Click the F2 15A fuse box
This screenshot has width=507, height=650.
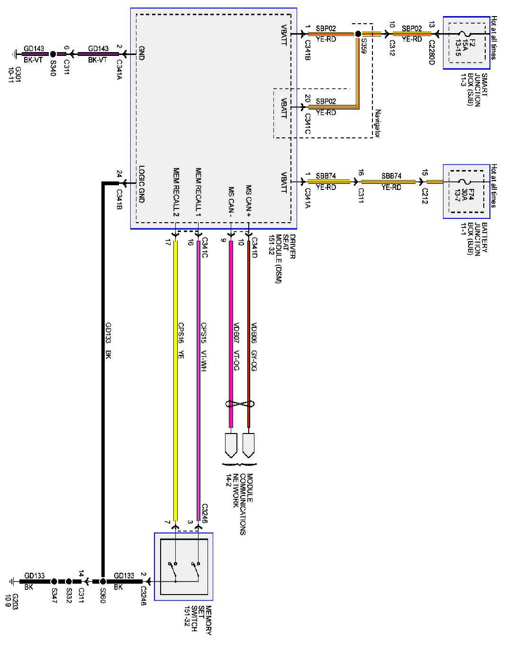(466, 43)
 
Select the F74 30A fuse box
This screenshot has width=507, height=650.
(466, 191)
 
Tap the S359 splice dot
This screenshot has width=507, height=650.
(358, 34)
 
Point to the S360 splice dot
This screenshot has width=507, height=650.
(103, 581)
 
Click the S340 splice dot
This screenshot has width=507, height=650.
(53, 54)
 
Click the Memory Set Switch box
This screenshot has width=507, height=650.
(184, 567)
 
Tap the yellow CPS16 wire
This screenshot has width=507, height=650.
(176, 379)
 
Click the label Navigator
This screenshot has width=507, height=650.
(378, 123)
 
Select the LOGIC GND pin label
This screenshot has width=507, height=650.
(141, 184)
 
